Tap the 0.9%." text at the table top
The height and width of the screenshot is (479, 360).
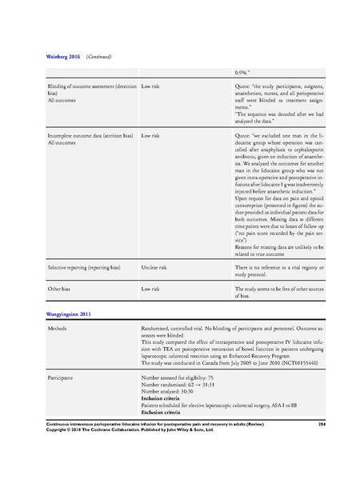tap(242, 72)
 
